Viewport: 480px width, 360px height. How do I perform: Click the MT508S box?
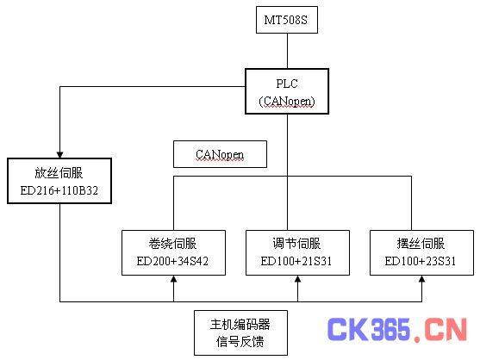click(x=287, y=20)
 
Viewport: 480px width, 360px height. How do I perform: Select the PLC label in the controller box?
click(x=287, y=84)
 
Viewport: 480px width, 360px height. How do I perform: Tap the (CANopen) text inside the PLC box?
click(x=287, y=102)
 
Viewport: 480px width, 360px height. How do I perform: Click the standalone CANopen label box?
click(x=220, y=154)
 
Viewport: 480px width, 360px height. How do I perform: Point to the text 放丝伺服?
click(x=59, y=173)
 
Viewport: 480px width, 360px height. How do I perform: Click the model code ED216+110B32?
click(x=59, y=190)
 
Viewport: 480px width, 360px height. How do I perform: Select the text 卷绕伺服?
click(x=172, y=244)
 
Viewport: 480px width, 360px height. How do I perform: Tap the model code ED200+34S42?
click(x=172, y=261)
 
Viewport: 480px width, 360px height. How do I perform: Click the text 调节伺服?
click(x=296, y=244)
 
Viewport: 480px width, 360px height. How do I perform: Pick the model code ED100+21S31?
click(x=296, y=261)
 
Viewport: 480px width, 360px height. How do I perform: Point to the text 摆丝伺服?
click(x=421, y=244)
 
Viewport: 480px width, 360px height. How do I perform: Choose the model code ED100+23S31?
click(x=421, y=261)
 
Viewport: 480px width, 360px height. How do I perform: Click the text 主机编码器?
click(x=240, y=324)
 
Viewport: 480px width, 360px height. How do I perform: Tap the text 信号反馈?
click(x=240, y=342)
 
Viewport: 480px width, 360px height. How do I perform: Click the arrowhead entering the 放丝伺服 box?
click(x=60, y=155)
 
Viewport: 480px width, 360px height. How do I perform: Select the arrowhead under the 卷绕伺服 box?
click(x=174, y=279)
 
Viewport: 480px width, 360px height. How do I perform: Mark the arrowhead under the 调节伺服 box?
click(x=298, y=279)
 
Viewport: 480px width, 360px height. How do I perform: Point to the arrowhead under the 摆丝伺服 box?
click(x=422, y=279)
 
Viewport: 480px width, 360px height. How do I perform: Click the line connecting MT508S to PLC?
click(x=287, y=51)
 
